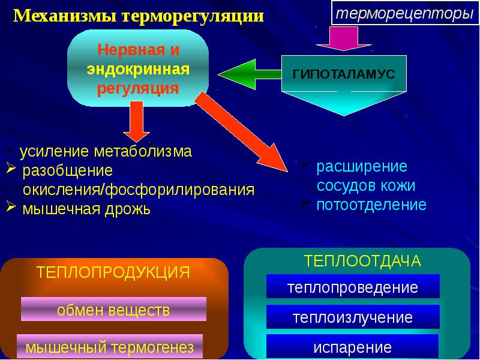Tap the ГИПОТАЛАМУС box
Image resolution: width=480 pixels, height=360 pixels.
[x=343, y=73]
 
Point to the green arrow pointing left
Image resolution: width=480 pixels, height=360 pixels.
[x=249, y=74]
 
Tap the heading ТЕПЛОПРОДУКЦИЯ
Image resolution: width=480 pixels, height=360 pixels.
[x=113, y=272]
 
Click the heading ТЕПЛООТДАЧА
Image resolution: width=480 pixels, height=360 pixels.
[x=362, y=261]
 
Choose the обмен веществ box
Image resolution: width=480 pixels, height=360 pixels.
[x=113, y=310]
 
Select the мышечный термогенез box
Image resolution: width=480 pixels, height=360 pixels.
[x=110, y=346]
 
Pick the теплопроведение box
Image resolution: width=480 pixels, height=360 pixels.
[x=353, y=287]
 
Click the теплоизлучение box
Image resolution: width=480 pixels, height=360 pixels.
[x=353, y=316]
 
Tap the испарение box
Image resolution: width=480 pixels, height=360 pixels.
[x=353, y=347]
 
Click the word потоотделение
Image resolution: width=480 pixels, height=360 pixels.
[x=371, y=205]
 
